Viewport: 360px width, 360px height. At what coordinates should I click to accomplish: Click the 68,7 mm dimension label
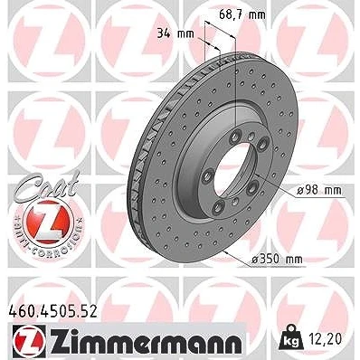[242, 14]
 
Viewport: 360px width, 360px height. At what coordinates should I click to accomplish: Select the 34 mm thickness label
[175, 33]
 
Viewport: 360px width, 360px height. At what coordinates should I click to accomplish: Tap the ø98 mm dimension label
[319, 190]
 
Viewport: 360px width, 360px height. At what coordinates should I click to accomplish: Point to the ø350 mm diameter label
[277, 259]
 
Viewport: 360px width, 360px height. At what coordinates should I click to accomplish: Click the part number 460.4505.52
[52, 311]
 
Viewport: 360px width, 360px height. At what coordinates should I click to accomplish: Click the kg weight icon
[290, 337]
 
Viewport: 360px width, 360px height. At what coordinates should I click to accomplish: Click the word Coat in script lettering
[47, 186]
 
